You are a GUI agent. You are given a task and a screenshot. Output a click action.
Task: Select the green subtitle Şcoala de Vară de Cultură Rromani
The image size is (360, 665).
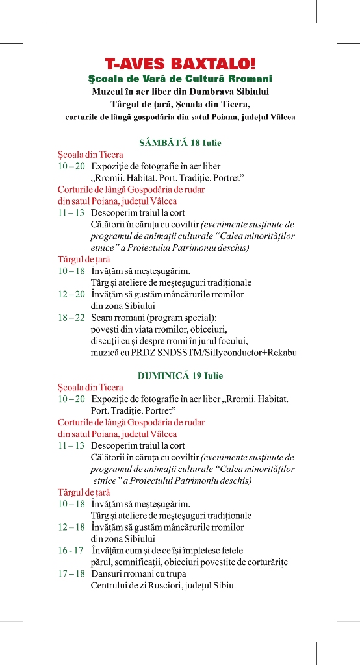coord(180,79)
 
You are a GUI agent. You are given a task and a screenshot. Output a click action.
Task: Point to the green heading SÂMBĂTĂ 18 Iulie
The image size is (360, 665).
coord(180,142)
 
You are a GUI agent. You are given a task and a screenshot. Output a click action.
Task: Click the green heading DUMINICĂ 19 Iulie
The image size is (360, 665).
coord(180,375)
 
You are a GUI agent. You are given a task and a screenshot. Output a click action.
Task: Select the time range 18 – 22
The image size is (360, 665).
coord(71,318)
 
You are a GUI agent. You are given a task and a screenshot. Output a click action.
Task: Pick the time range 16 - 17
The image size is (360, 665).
coord(71,550)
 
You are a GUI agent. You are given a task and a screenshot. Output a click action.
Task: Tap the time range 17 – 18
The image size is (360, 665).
coord(71,573)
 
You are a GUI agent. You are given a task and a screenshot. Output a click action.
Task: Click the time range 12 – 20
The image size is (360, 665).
coord(71,294)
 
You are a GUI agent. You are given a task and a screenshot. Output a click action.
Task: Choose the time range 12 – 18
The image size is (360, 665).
coord(71,527)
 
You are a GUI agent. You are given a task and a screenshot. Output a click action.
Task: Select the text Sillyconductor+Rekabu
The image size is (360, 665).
coord(250,353)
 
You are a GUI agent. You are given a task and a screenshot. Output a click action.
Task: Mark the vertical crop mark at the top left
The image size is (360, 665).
coord(44,11)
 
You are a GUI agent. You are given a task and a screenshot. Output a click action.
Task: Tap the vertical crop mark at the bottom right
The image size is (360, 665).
coord(316,653)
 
